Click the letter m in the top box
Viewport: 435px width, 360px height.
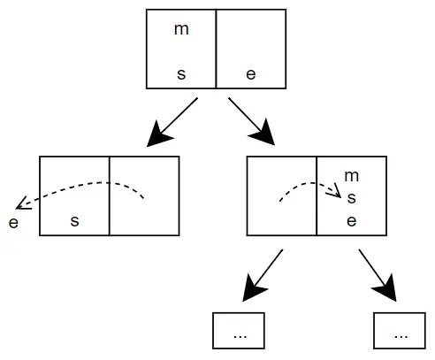click(x=181, y=29)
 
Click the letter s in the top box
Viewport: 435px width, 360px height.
click(x=181, y=74)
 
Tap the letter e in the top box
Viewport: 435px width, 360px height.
click(x=251, y=74)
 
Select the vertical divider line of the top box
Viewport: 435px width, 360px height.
click(x=216, y=49)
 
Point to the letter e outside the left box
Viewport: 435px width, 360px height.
click(x=13, y=221)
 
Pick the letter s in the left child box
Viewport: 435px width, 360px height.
click(x=74, y=221)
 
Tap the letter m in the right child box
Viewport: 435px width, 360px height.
click(x=351, y=177)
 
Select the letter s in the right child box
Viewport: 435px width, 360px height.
click(x=351, y=198)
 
